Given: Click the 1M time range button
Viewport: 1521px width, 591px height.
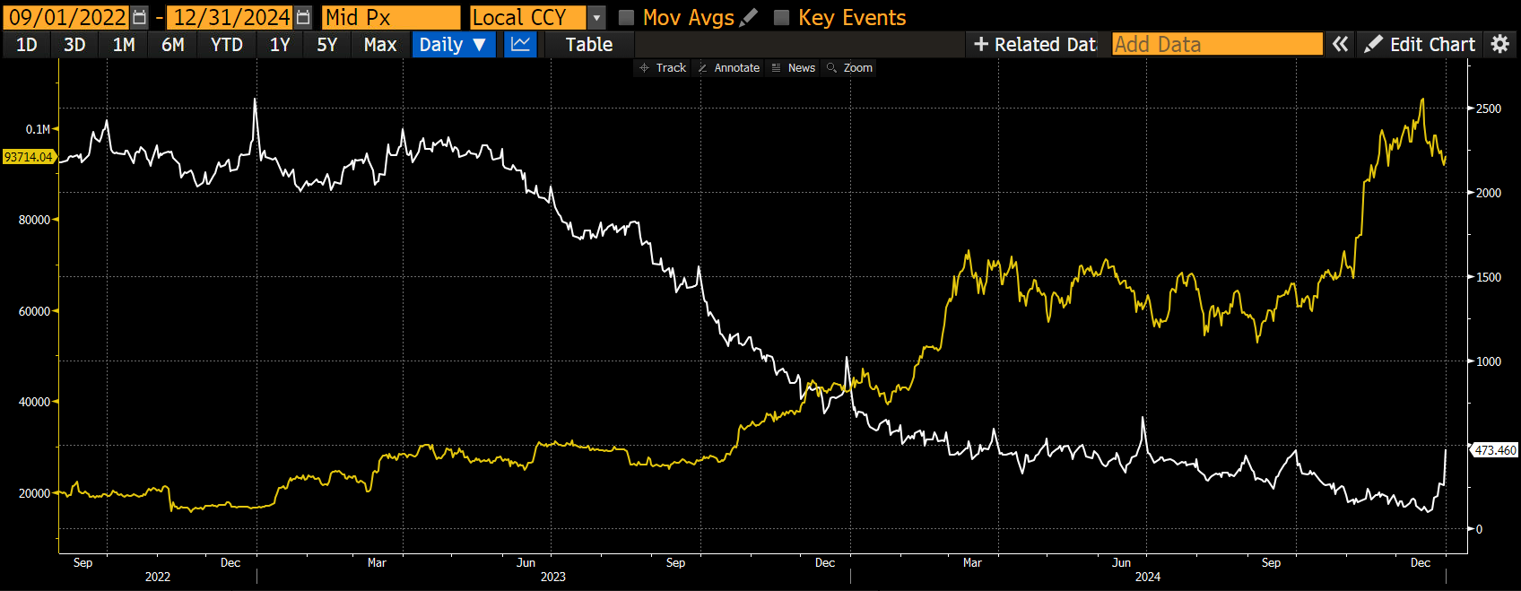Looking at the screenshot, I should click(124, 45).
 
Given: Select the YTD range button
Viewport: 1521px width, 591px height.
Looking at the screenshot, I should click(226, 45).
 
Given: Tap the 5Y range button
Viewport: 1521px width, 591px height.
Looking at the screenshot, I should click(326, 45).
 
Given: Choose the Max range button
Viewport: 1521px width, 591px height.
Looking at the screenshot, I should click(380, 45).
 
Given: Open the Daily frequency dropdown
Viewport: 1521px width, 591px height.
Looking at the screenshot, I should click(453, 45).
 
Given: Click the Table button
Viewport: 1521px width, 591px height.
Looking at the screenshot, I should click(588, 45).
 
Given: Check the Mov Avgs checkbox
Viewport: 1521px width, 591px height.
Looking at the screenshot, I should click(627, 18).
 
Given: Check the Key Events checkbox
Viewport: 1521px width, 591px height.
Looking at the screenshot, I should click(782, 18).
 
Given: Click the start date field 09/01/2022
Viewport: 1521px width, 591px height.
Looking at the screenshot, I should click(67, 18).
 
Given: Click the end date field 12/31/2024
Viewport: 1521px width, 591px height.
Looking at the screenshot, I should click(231, 18).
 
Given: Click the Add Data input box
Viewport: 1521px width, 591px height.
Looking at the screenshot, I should click(1217, 45).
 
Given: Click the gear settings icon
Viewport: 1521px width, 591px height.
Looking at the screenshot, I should click(1500, 45).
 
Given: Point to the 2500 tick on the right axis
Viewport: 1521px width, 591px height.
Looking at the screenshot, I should click(1488, 109).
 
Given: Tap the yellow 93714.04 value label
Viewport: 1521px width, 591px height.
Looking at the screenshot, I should click(29, 157).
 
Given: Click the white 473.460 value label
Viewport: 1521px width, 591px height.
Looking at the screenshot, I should click(1495, 450).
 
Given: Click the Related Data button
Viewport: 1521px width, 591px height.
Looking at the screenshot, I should click(1034, 45).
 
